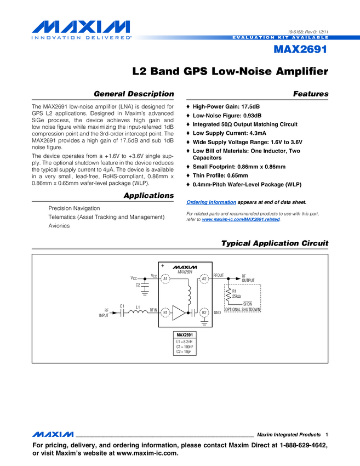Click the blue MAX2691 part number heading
coord(300,50)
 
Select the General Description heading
coord(134,94)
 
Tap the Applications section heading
coord(148,196)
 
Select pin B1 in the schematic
coord(165,312)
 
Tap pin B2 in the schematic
coord(204,312)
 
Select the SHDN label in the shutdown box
coord(247,304)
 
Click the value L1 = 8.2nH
coord(184,342)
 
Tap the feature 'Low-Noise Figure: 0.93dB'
coord(227,116)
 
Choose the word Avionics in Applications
coord(59,226)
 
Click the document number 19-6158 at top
coord(297,32)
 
